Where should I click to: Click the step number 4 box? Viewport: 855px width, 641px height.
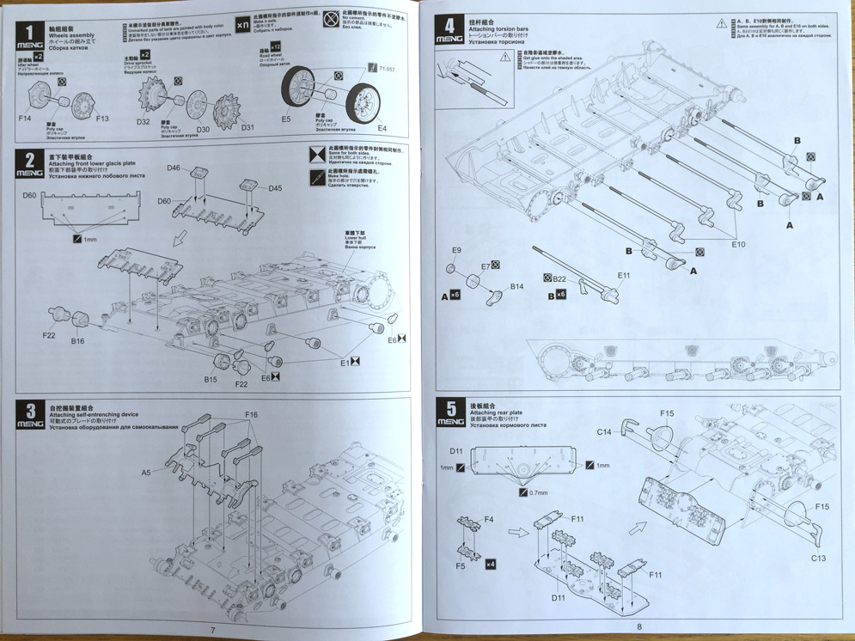[x=449, y=28]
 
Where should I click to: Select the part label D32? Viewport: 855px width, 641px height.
[x=143, y=121]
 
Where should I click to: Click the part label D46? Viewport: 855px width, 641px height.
[x=174, y=168]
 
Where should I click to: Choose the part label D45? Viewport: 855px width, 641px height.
[x=275, y=188]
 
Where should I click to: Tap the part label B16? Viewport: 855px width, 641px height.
[x=78, y=341]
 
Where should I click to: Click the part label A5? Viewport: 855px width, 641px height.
[x=146, y=472]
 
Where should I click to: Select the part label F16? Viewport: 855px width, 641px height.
[x=251, y=414]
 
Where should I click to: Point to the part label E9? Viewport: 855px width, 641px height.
[x=456, y=250]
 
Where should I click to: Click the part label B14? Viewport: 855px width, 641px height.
[x=517, y=286]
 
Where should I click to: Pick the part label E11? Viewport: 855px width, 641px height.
[x=624, y=275]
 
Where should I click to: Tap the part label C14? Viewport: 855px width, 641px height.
[x=604, y=431]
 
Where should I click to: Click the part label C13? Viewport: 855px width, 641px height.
[x=818, y=559]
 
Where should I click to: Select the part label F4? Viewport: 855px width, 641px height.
[x=488, y=520]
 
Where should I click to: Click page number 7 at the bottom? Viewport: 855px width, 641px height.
[x=213, y=630]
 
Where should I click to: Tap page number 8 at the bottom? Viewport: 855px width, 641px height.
[x=639, y=627]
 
